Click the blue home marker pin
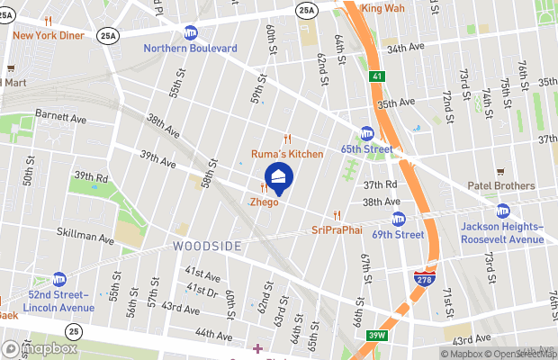(278, 176)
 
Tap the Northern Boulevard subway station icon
(191, 33)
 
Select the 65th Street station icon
(367, 133)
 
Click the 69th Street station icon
(399, 219)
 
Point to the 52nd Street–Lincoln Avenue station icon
(59, 279)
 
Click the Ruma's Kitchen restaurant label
(286, 154)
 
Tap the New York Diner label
(49, 35)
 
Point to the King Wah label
(382, 9)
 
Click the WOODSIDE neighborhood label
(205, 246)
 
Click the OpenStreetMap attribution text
(522, 353)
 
